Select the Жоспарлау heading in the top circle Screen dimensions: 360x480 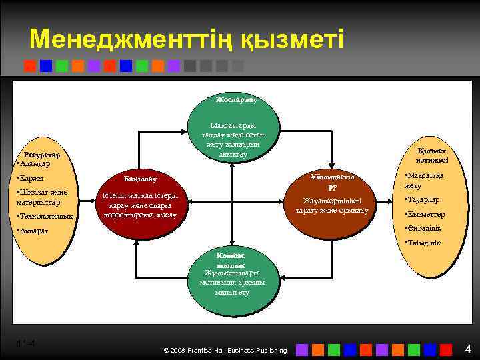[236, 99]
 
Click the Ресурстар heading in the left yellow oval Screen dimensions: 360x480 [42, 154]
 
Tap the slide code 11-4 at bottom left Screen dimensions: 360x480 [26, 343]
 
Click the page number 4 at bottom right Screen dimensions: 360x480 [468, 348]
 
